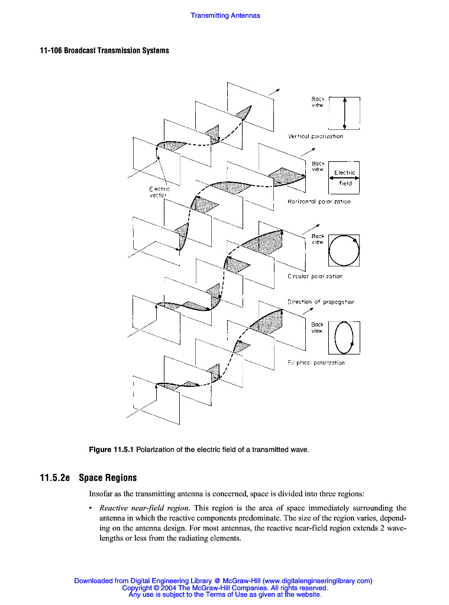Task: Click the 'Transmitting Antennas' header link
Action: click(225, 15)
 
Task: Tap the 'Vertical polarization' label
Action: click(315, 136)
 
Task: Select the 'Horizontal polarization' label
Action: click(318, 202)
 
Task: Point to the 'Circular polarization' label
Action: click(315, 276)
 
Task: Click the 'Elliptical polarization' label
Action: click(316, 363)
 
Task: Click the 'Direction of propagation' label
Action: click(321, 302)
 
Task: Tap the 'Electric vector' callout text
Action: click(159, 192)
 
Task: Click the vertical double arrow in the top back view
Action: click(344, 112)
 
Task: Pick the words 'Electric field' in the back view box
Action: click(345, 178)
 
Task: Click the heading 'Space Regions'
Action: click(108, 477)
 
